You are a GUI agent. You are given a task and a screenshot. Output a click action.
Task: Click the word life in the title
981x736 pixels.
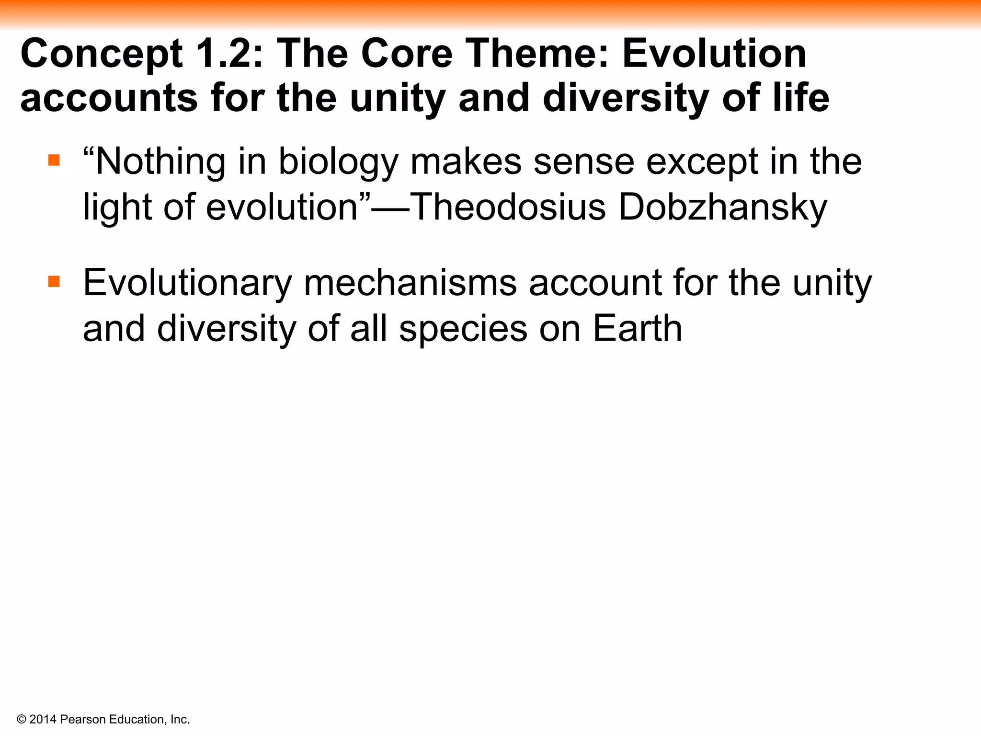(x=801, y=98)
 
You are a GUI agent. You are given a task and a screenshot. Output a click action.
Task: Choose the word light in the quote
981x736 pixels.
(x=117, y=207)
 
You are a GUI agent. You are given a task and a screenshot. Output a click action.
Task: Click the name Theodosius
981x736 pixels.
(x=508, y=207)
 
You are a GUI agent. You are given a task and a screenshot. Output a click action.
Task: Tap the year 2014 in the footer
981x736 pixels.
(x=43, y=719)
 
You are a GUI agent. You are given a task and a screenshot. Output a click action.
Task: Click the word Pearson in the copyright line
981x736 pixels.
(x=83, y=719)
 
